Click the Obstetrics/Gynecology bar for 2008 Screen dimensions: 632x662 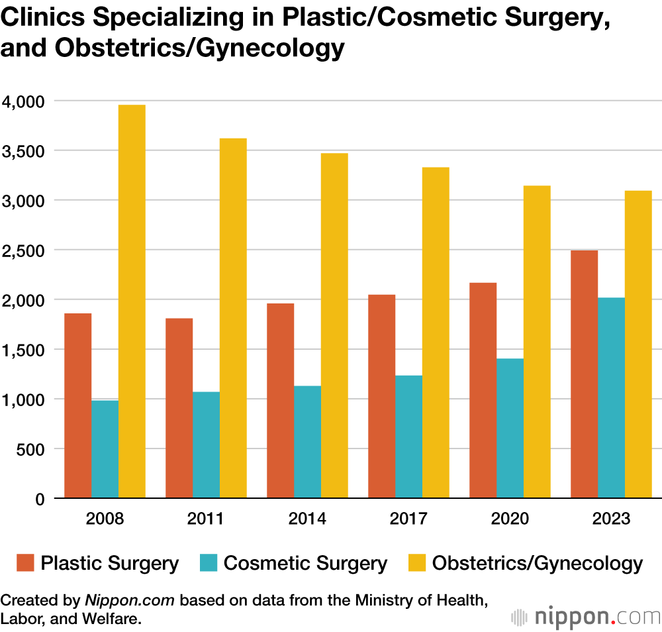point(132,301)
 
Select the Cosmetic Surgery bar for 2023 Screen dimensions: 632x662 point(611,397)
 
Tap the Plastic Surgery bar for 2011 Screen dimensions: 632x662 point(179,408)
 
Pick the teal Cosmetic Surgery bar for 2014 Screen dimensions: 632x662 point(307,442)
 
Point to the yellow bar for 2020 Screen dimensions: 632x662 point(537,342)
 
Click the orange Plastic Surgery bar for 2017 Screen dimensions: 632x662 point(381,396)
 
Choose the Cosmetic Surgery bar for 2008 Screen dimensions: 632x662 point(105,449)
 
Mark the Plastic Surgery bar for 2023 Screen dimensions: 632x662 point(584,374)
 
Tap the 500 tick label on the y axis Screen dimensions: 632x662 point(31,449)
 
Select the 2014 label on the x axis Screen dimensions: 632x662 point(307,518)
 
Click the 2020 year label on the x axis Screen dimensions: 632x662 point(510,518)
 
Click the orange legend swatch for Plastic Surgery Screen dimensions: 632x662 point(24,563)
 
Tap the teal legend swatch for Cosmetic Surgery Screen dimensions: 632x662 point(208,563)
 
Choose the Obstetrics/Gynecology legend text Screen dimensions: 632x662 point(537,564)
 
